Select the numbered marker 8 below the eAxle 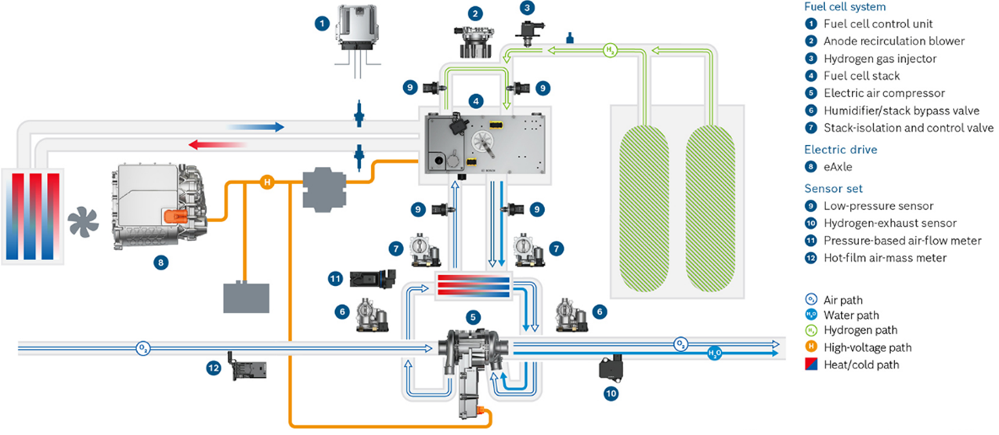[160, 263]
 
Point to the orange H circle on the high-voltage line [266, 183]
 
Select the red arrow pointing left [215, 143]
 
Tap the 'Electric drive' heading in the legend [840, 149]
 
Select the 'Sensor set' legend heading [835, 188]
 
